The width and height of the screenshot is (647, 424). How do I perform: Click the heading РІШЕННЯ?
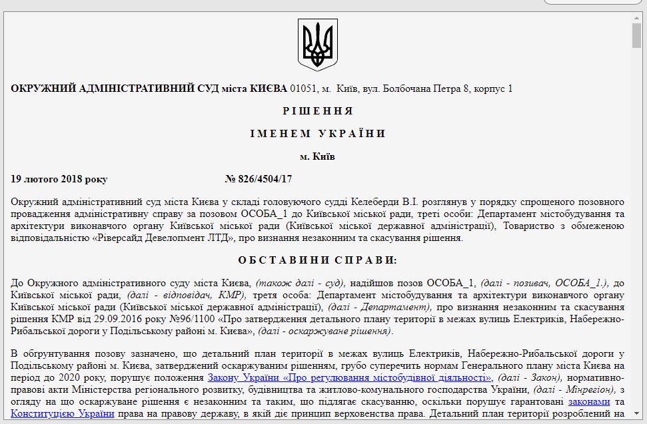pos(318,110)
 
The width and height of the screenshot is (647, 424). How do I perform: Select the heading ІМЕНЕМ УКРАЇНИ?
pos(318,134)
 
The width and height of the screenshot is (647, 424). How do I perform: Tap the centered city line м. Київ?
pos(318,157)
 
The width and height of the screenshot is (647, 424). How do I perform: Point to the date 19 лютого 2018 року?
pos(59,179)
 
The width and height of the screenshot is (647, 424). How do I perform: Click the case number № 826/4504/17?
pos(259,179)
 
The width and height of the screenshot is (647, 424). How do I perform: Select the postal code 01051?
pos(303,88)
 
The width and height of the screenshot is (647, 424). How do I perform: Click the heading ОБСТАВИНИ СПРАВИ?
pos(318,260)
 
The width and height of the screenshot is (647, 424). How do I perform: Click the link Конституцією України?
pos(62,413)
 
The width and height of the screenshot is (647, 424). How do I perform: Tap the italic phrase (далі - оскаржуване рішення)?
pos(326,330)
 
